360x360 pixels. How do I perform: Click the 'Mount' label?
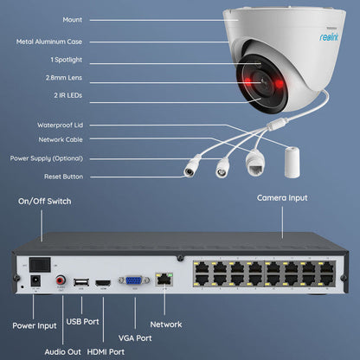[48, 19]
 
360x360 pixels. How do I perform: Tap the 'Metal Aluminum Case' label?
[48, 42]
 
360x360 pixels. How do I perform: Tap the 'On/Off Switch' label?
[45, 201]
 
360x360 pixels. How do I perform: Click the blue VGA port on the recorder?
[134, 281]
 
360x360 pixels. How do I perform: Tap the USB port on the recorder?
[80, 281]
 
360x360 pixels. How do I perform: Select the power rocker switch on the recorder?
[38, 263]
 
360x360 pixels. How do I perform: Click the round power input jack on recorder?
[35, 281]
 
